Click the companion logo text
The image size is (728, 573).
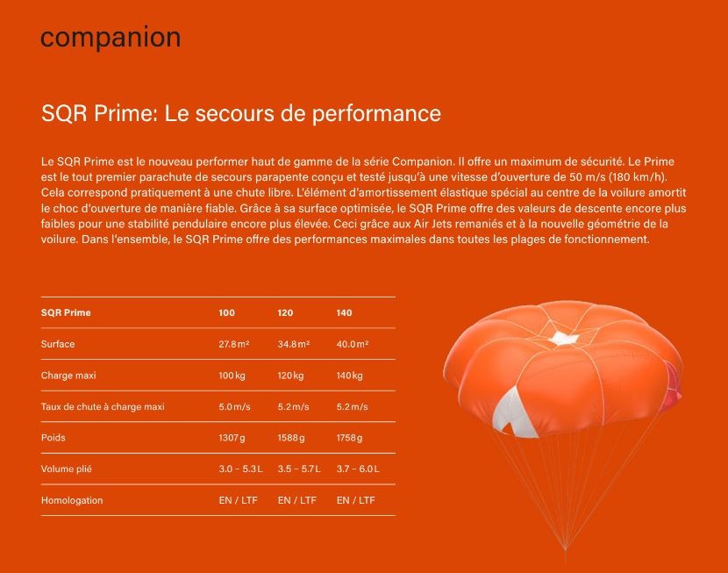click(x=111, y=38)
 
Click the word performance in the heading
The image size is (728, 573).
click(x=376, y=114)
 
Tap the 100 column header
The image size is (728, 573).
click(x=226, y=313)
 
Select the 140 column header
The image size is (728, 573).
click(x=344, y=313)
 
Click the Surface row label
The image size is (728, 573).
click(x=58, y=344)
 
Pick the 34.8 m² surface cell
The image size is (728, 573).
click(x=294, y=344)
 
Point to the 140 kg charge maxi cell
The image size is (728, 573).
click(x=350, y=376)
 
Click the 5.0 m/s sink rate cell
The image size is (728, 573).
click(x=234, y=407)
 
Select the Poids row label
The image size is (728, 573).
click(x=53, y=438)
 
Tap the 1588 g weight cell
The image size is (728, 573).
click(x=291, y=438)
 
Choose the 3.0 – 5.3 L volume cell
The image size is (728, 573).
click(x=240, y=469)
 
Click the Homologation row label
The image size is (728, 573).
click(x=72, y=500)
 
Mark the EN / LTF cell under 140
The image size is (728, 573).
click(x=355, y=500)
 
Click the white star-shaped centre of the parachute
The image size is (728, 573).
click(x=563, y=339)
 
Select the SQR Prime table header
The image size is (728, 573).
click(x=66, y=313)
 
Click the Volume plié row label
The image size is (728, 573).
click(x=67, y=469)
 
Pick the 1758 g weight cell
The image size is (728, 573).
click(x=350, y=438)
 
